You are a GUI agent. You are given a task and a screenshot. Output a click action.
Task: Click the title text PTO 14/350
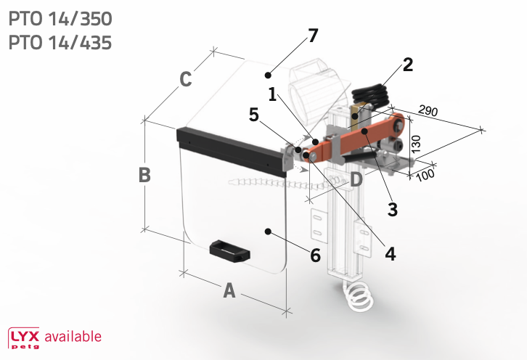(60, 19)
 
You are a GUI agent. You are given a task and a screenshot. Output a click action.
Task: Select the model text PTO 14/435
(60, 43)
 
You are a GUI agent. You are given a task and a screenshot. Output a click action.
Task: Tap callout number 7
(313, 36)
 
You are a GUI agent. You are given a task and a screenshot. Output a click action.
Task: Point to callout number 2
(408, 65)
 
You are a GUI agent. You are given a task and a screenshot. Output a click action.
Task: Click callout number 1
(273, 94)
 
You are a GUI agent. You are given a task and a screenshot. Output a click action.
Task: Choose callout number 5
(254, 115)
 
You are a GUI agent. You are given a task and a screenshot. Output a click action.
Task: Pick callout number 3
(393, 210)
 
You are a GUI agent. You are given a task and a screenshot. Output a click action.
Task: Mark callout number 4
(391, 254)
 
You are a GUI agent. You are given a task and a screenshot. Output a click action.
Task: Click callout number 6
(315, 255)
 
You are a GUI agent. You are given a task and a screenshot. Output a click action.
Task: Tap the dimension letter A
(229, 291)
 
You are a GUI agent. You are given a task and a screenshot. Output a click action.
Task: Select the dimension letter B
(144, 175)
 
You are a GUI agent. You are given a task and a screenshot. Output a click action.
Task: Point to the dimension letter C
(186, 79)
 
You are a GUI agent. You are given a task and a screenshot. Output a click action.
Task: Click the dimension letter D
(356, 179)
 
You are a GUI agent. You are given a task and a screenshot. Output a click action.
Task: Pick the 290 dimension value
(428, 110)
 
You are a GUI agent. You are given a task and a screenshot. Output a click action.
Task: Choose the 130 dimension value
(416, 144)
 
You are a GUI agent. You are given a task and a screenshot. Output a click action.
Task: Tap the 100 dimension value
(425, 175)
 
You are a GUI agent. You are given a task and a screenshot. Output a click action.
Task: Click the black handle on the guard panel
(230, 251)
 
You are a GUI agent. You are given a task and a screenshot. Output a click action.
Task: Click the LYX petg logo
(24, 338)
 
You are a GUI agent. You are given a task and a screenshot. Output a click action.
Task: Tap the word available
(73, 337)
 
